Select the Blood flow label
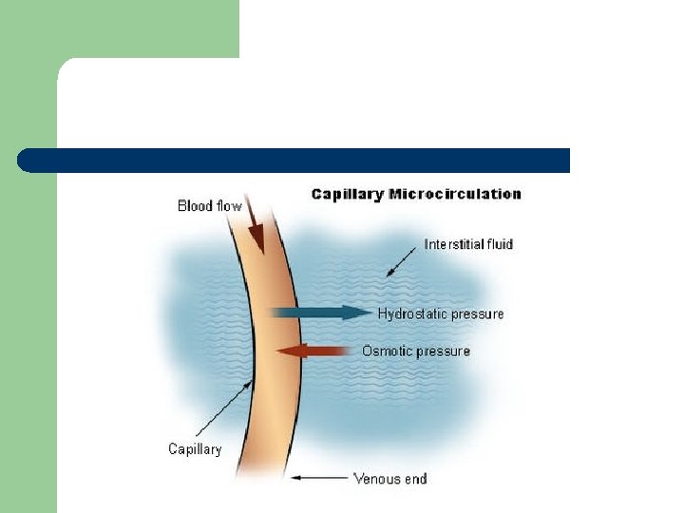pyautogui.click(x=209, y=206)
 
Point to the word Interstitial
pyautogui.click(x=453, y=244)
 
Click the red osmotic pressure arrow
pyautogui.click(x=313, y=351)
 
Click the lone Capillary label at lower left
pyautogui.click(x=195, y=449)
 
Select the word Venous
pyautogui.click(x=377, y=479)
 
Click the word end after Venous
pyautogui.click(x=416, y=479)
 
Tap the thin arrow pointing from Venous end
pyautogui.click(x=320, y=478)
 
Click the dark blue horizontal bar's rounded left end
pyautogui.click(x=28, y=161)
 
